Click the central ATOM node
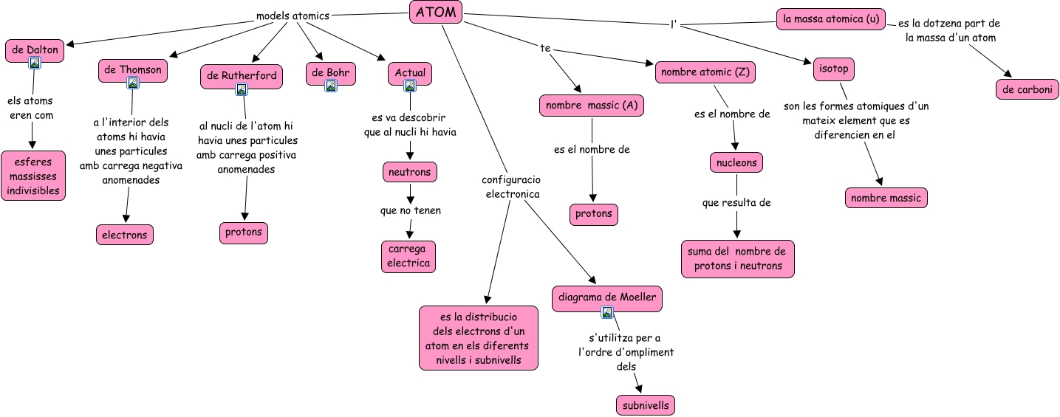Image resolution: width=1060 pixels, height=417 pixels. (436, 13)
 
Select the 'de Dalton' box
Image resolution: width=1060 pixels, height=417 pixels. (35, 50)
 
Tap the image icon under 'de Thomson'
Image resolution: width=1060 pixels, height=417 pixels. (133, 83)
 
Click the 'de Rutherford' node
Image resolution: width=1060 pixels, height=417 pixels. (242, 75)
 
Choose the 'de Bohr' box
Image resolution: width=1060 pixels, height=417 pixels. (331, 73)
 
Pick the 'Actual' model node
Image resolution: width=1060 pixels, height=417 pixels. (410, 73)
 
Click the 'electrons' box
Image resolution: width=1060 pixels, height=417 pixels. (125, 235)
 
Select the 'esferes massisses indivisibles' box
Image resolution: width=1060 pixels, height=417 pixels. (33, 176)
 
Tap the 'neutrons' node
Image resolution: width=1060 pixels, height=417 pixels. (410, 172)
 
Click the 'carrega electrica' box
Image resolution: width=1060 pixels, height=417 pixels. (408, 256)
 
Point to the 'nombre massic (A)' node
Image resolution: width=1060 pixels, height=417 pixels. (591, 106)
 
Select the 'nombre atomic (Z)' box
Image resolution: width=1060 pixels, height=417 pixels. (705, 72)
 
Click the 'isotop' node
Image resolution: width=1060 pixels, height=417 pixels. (834, 69)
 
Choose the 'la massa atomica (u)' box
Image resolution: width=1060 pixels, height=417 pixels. (830, 19)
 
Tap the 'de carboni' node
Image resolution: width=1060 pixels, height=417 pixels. (1027, 89)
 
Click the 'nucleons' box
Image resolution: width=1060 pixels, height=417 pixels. (736, 162)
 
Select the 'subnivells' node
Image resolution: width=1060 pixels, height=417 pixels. (646, 405)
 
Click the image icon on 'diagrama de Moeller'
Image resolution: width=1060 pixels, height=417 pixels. (607, 312)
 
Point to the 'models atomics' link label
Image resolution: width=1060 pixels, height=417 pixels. (293, 15)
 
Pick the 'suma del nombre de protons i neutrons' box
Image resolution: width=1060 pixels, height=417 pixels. (737, 258)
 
